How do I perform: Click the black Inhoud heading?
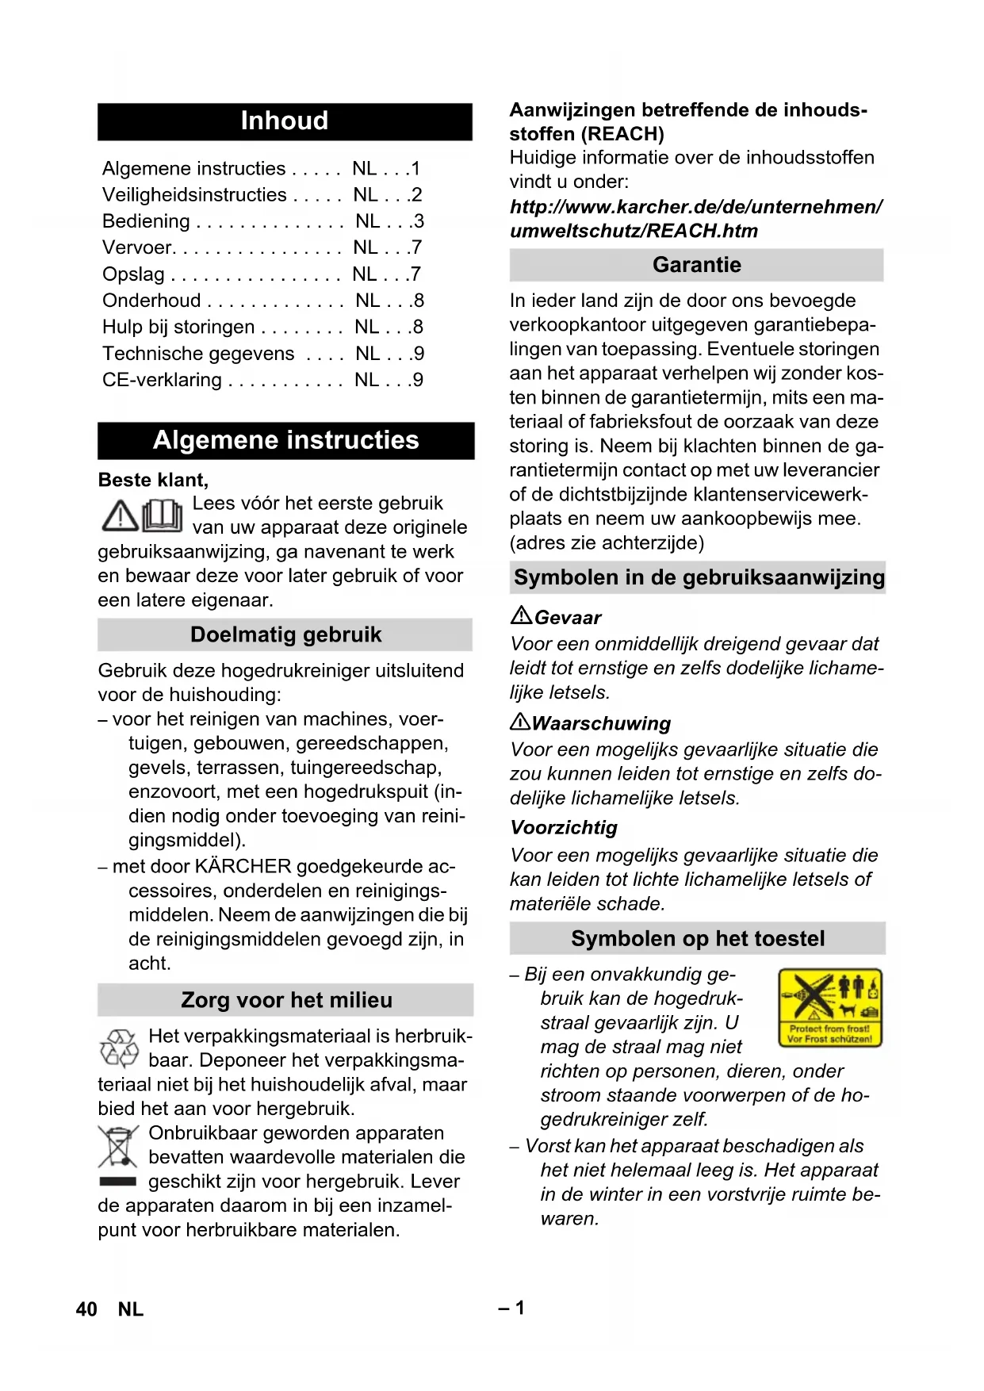click(285, 121)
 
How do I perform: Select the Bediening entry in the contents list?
click(147, 221)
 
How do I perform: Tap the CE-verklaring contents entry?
click(163, 380)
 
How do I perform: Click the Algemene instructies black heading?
click(285, 440)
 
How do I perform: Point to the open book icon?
click(163, 515)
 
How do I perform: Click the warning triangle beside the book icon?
click(121, 516)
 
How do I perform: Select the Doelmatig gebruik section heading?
click(285, 635)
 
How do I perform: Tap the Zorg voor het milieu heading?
click(286, 1000)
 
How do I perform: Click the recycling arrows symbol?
click(119, 1048)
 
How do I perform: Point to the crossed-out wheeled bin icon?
click(118, 1147)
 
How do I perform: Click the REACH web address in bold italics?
click(695, 219)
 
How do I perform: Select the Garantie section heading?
click(697, 265)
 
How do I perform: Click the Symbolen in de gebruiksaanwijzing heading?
click(699, 577)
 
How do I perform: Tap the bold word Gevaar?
click(568, 618)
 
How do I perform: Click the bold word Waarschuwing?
click(601, 723)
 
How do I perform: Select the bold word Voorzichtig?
click(564, 828)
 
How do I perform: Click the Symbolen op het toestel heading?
click(698, 939)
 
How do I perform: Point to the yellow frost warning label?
click(829, 1007)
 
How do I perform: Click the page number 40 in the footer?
click(86, 1309)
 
